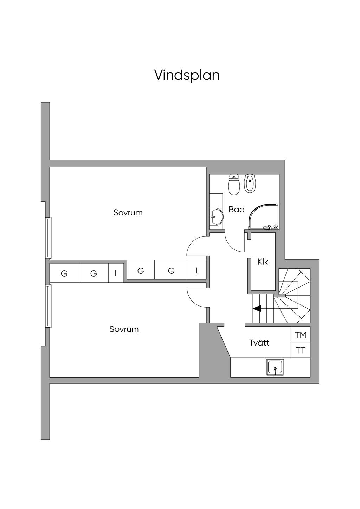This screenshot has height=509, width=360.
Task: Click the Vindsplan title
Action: pyautogui.click(x=187, y=75)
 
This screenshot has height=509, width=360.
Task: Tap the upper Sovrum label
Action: pyautogui.click(x=128, y=213)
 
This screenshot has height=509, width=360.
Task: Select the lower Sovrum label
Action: pyautogui.click(x=124, y=329)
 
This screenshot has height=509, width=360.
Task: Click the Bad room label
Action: pyautogui.click(x=237, y=209)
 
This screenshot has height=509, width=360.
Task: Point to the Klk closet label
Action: pyautogui.click(x=263, y=262)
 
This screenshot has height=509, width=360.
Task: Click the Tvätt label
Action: pyautogui.click(x=259, y=342)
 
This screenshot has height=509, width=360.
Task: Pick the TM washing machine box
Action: pyautogui.click(x=301, y=335)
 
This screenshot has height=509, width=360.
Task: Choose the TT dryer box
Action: pyautogui.click(x=301, y=350)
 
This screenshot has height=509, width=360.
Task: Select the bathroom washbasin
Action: pyautogui.click(x=217, y=216)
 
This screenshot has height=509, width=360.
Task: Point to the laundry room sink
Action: pyautogui.click(x=275, y=368)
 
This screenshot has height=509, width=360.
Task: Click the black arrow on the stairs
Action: pyautogui.click(x=257, y=309)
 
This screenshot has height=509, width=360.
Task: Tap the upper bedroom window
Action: pyautogui.click(x=48, y=238)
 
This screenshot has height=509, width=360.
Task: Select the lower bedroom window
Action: pyautogui.click(x=48, y=306)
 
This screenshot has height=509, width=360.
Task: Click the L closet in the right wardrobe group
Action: pyautogui.click(x=197, y=270)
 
